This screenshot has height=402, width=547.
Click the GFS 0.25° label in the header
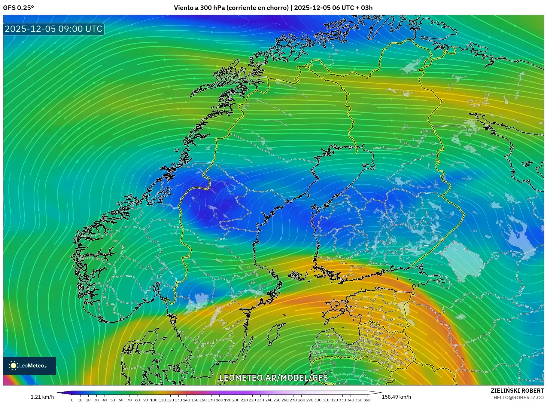(x=18, y=8)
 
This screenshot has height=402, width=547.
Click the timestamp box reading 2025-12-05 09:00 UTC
(x=53, y=29)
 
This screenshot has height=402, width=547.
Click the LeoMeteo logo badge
(x=29, y=366)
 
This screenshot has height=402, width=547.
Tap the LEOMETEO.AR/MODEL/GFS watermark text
(x=273, y=378)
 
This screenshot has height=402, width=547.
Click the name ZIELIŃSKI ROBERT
(x=517, y=391)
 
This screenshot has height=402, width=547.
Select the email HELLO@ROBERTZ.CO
(x=518, y=397)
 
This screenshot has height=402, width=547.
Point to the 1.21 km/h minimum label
(x=42, y=397)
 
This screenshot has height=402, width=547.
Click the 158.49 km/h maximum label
(x=396, y=397)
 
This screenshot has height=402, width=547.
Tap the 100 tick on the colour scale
(x=154, y=400)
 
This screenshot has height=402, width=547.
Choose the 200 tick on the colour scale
(x=236, y=400)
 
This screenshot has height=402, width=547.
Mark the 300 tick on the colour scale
(x=318, y=400)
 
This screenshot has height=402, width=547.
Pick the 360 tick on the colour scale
(x=367, y=400)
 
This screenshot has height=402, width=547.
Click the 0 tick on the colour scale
(x=72, y=400)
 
